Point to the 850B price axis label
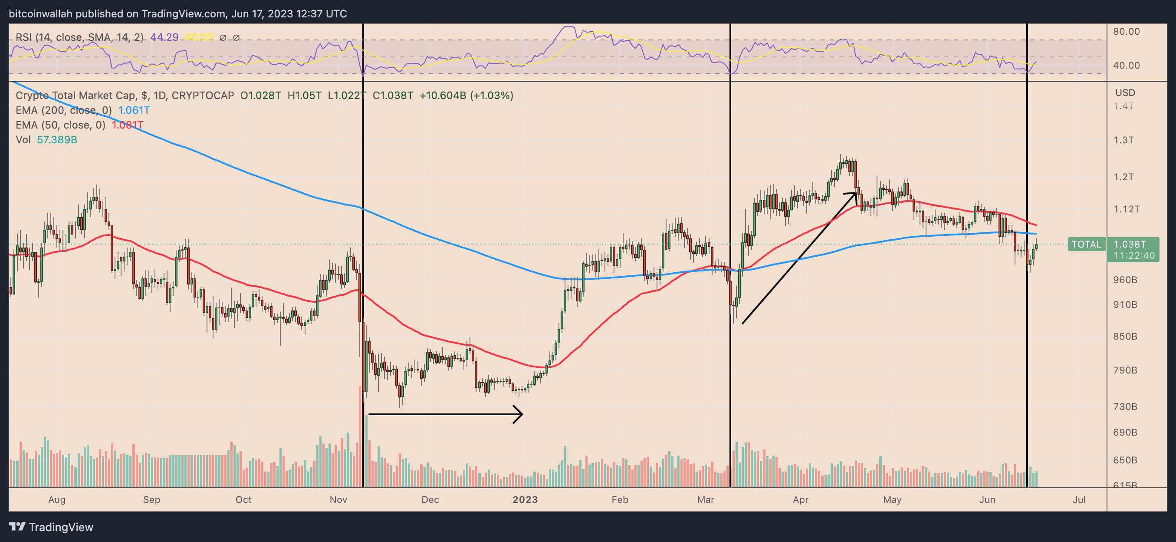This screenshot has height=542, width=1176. click(1125, 336)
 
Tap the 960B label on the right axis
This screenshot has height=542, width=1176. click(1125, 280)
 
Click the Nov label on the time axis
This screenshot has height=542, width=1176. click(338, 499)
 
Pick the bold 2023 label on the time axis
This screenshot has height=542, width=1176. click(525, 499)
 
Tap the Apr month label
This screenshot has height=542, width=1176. click(800, 499)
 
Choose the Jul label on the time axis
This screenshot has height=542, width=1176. click(1079, 499)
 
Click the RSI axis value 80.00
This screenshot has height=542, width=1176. click(1126, 32)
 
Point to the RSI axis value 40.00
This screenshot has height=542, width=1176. click(1126, 65)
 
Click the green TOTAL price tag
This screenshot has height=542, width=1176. click(1086, 244)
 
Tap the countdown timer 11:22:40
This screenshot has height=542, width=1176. click(1133, 255)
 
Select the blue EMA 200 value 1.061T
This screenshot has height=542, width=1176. click(134, 110)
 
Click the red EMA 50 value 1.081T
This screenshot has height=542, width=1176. click(128, 125)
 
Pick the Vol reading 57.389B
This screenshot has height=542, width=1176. click(57, 139)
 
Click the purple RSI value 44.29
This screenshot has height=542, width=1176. click(164, 37)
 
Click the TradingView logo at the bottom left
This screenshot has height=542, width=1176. click(51, 527)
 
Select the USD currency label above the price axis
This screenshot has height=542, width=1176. click(1125, 93)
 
